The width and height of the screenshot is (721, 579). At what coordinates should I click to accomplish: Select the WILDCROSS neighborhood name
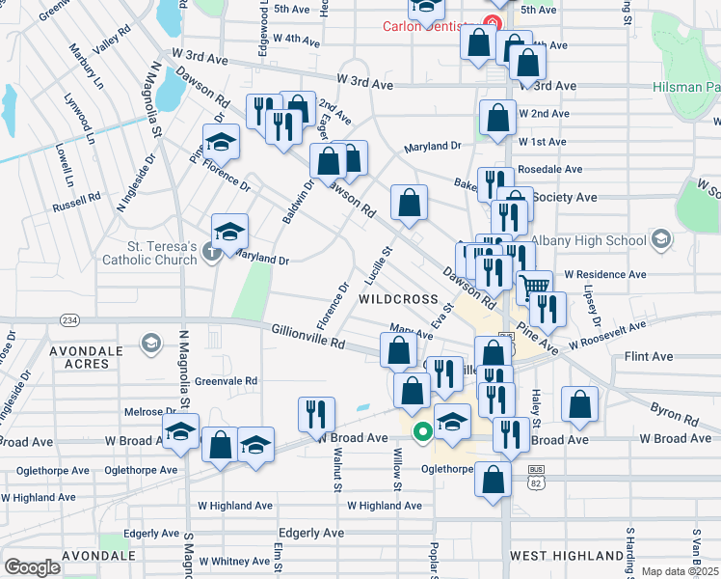(x=398, y=299)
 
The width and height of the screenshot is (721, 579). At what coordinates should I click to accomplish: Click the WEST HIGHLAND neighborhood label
(x=565, y=556)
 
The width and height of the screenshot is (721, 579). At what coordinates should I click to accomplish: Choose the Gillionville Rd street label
(x=307, y=337)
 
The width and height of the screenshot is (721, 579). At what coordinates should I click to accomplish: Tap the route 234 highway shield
(x=69, y=319)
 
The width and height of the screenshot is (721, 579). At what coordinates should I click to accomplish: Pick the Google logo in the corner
(x=32, y=567)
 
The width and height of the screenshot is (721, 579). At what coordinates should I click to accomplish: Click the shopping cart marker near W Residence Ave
(x=534, y=287)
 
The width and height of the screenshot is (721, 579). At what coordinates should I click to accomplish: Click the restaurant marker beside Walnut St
(x=317, y=414)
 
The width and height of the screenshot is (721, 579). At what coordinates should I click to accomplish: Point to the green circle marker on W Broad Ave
(x=422, y=431)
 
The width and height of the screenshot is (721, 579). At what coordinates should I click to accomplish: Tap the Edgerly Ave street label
(x=310, y=533)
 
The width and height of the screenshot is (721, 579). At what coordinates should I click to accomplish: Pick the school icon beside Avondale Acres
(x=150, y=343)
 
